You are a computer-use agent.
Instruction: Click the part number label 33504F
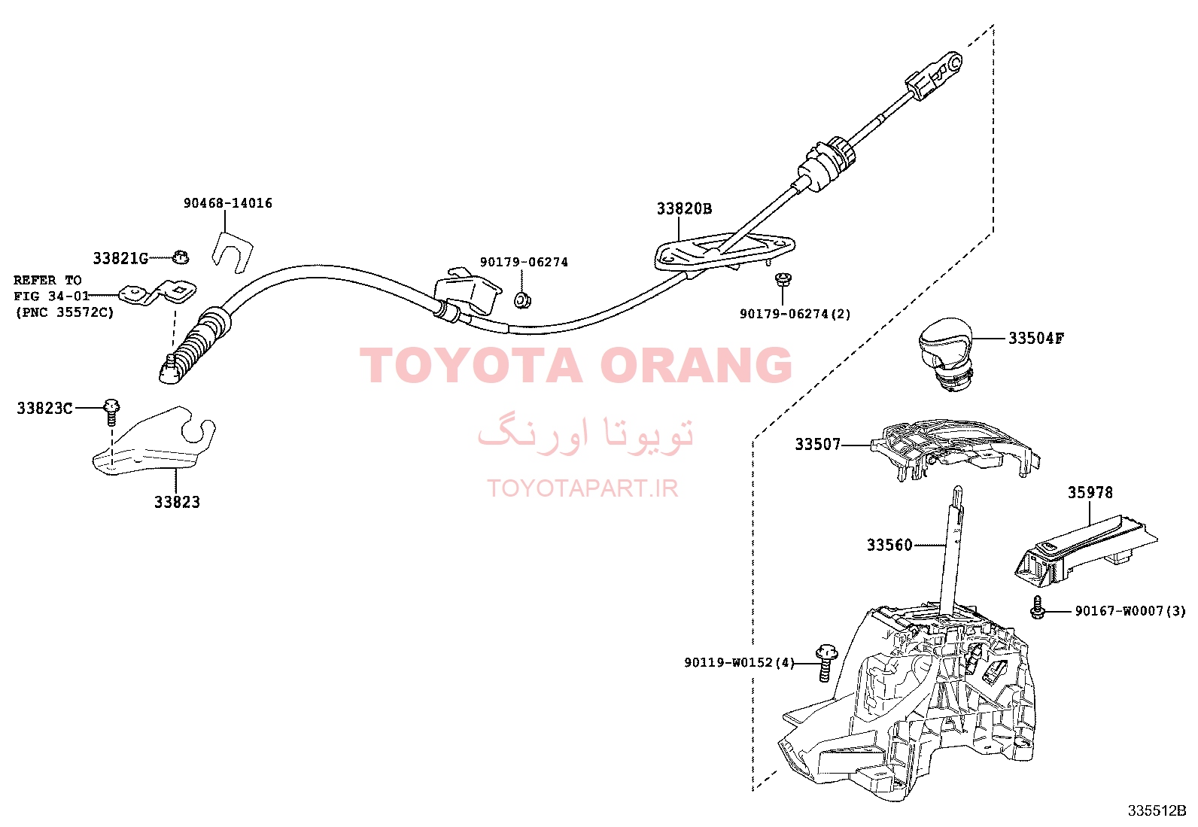click(1036, 338)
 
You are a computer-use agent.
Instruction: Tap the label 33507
click(818, 444)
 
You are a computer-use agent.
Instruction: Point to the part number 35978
click(1090, 492)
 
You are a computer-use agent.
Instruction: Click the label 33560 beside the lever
click(889, 545)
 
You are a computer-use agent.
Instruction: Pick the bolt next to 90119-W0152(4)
click(826, 663)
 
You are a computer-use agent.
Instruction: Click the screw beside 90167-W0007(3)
click(1037, 608)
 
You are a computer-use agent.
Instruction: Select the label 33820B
click(684, 208)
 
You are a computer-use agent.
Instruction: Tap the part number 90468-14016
click(228, 203)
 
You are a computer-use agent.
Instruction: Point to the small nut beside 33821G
click(181, 257)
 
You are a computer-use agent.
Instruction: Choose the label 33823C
click(44, 408)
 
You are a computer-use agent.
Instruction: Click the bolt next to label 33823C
click(112, 412)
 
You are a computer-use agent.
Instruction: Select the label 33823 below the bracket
click(177, 503)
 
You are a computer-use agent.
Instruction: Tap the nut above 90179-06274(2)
click(783, 278)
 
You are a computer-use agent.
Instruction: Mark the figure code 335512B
click(1157, 810)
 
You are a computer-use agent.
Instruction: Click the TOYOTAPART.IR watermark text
click(582, 488)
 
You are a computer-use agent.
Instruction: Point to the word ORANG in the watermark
click(696, 365)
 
